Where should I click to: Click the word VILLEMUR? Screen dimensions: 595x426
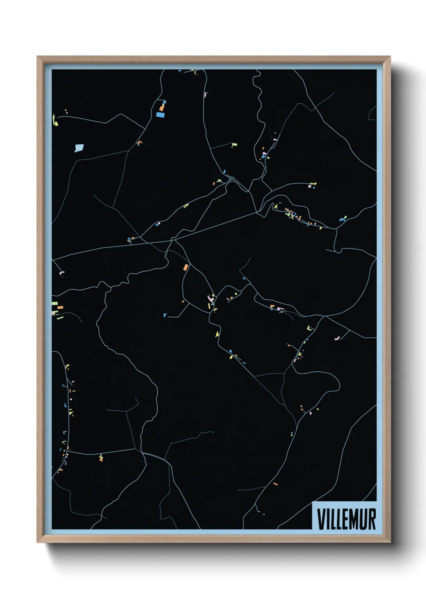click(x=346, y=519)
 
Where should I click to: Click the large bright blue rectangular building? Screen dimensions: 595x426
click(x=161, y=115)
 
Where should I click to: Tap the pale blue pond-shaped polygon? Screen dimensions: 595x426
click(x=79, y=148)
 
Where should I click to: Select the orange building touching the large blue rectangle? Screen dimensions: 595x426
click(x=161, y=108)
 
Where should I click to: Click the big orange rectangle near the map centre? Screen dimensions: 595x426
click(x=186, y=267)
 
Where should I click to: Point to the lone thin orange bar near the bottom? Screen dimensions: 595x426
click(x=275, y=484)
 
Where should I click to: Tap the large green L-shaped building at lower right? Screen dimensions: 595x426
click(x=310, y=328)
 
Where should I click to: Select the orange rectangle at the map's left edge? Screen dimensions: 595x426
click(x=60, y=308)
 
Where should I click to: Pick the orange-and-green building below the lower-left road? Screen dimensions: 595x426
click(x=101, y=457)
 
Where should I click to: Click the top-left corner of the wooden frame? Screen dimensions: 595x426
click(x=38, y=57)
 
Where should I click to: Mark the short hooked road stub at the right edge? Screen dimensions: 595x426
click(x=371, y=113)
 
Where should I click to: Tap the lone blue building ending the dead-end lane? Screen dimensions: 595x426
click(x=165, y=315)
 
